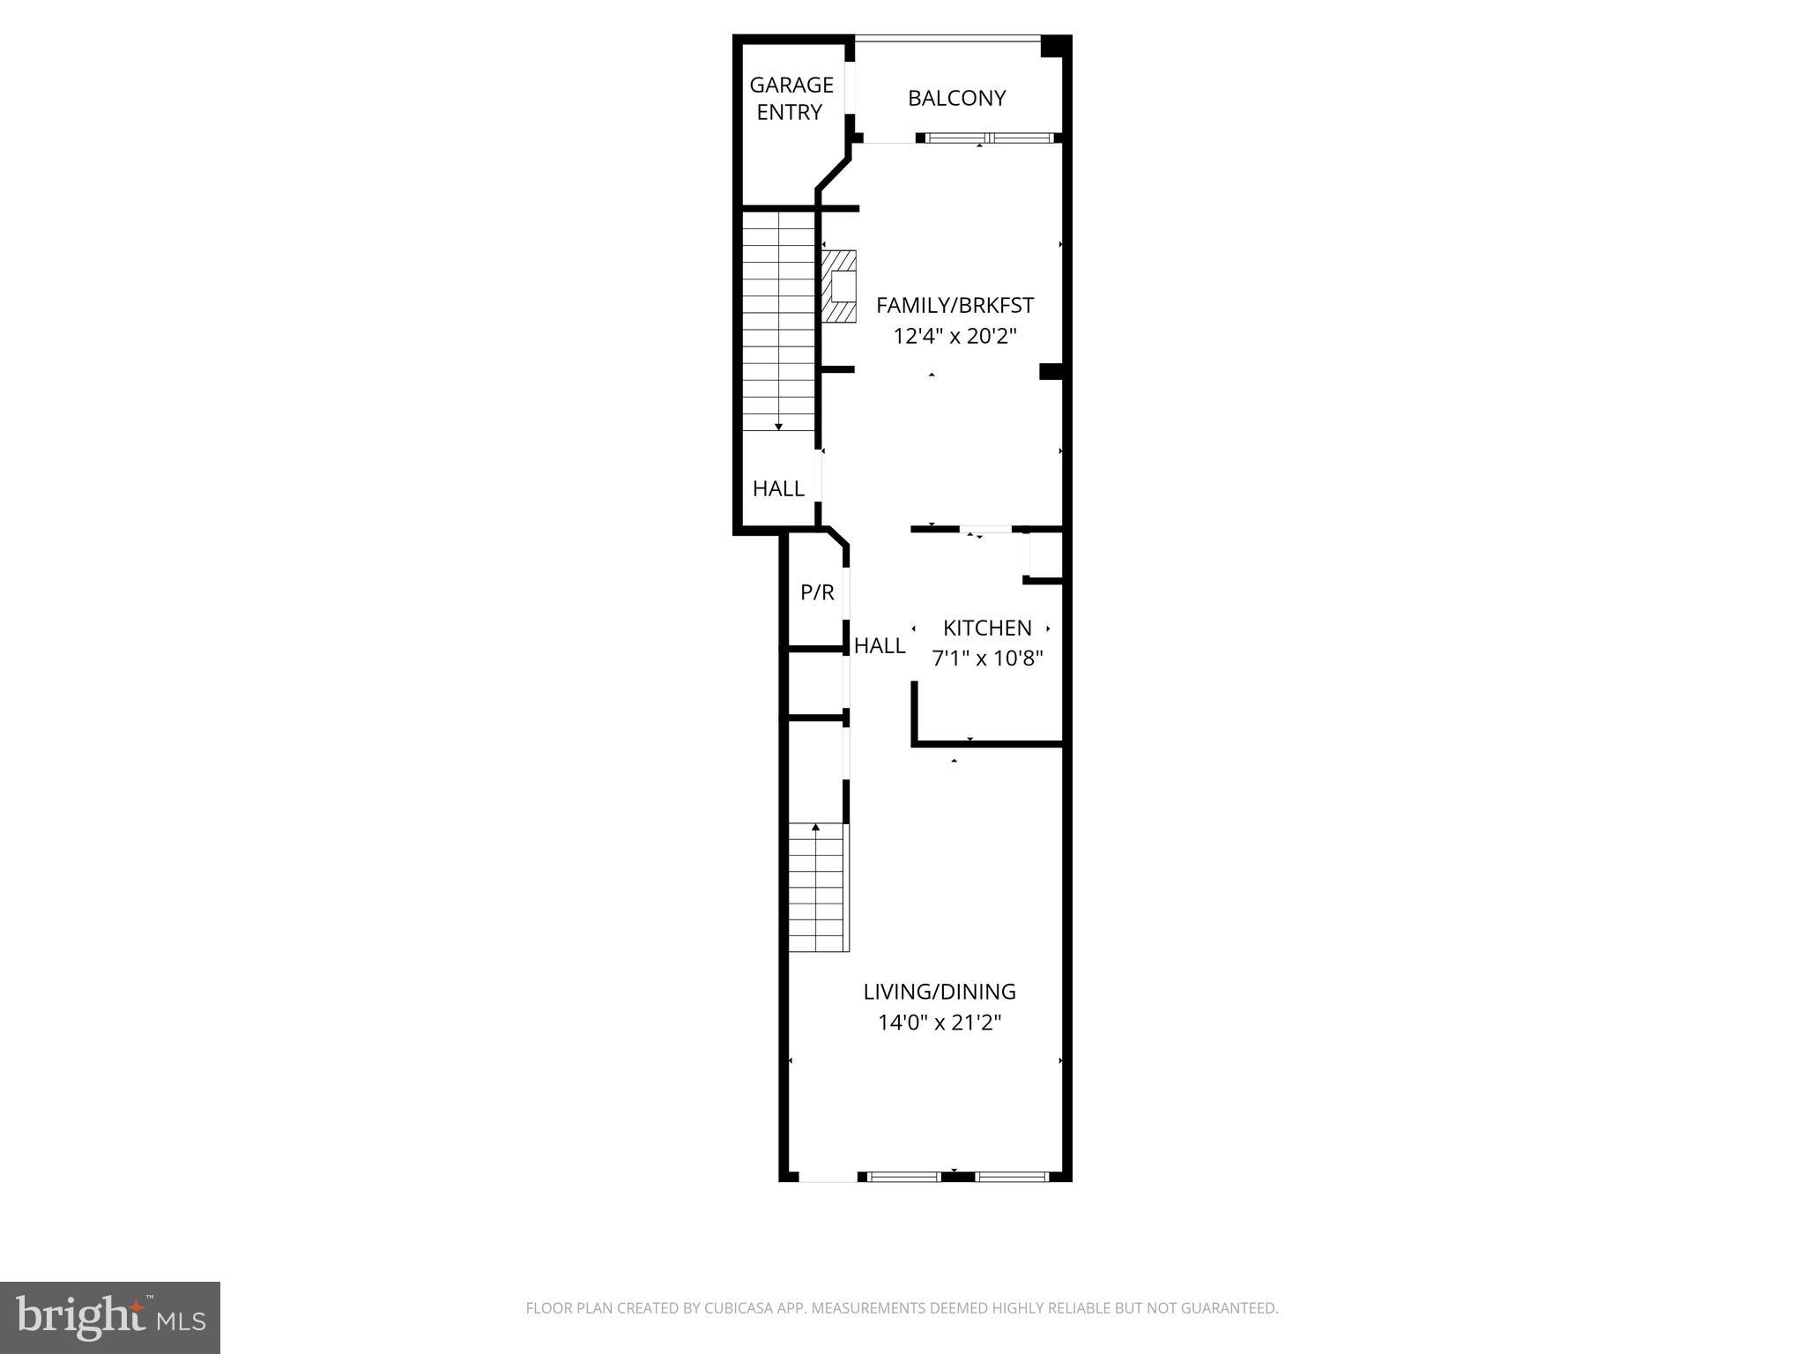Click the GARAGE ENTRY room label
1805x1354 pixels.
click(791, 98)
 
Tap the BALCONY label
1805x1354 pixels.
click(956, 98)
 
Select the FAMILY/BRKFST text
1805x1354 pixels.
click(954, 305)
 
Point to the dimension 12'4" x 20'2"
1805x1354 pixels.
click(954, 336)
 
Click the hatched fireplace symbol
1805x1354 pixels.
click(839, 286)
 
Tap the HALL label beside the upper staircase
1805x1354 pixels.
click(778, 488)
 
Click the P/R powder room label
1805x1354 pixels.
click(817, 592)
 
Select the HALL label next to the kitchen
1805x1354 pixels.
click(879, 646)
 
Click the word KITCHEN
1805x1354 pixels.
click(987, 628)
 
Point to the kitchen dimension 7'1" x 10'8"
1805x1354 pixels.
click(987, 658)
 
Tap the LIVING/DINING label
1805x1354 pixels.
click(940, 992)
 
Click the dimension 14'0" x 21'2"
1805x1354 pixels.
click(940, 1023)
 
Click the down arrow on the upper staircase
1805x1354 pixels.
click(778, 427)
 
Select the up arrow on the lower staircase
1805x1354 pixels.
click(816, 828)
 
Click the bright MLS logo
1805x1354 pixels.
click(110, 1317)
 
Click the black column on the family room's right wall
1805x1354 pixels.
click(1051, 371)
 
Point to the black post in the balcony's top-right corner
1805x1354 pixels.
click(1052, 47)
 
